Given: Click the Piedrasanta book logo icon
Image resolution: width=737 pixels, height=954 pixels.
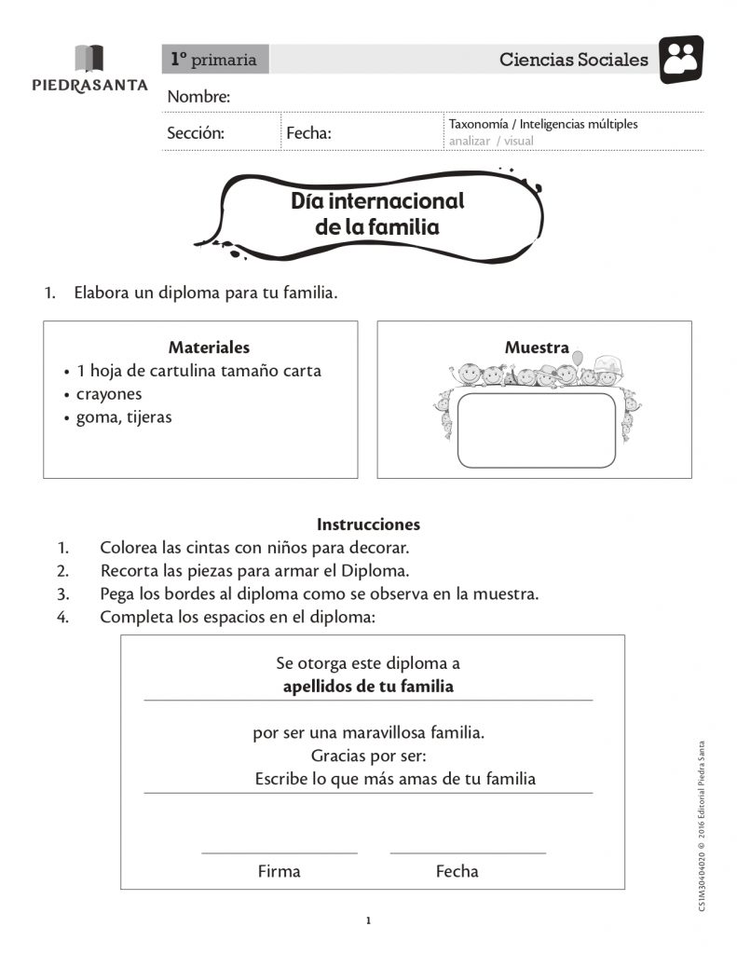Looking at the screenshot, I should [x=89, y=58].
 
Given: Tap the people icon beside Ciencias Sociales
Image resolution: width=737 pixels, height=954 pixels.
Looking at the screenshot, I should [x=681, y=59].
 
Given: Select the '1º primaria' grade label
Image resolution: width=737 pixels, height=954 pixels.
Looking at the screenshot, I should [x=214, y=60].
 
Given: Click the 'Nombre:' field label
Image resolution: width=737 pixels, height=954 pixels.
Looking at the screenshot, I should [x=198, y=97].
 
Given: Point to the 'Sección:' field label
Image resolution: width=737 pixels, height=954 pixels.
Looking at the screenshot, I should [x=196, y=133].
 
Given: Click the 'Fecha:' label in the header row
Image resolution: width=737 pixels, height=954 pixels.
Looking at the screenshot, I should [x=308, y=133].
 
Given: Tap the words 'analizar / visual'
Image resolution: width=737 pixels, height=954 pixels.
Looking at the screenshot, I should [x=491, y=141].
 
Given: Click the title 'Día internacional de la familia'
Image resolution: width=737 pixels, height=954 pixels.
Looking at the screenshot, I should [x=377, y=213].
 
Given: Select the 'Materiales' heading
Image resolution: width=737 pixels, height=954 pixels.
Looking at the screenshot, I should [x=209, y=348].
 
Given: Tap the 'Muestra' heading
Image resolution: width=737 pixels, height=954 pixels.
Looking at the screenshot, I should [x=537, y=348].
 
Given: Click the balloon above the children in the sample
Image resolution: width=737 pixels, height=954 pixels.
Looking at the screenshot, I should [x=578, y=358].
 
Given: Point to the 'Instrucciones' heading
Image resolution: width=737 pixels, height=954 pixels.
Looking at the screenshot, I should [x=368, y=525].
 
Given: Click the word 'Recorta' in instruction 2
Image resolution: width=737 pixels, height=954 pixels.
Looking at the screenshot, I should [x=129, y=570].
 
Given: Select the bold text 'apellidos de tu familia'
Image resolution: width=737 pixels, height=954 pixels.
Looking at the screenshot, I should [x=368, y=688].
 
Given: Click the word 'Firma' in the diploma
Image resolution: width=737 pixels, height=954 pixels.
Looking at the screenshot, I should [x=279, y=872].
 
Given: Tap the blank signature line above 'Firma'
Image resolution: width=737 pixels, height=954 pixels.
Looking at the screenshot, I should [x=280, y=852].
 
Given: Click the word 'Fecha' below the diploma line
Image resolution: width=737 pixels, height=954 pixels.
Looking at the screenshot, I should [x=457, y=872].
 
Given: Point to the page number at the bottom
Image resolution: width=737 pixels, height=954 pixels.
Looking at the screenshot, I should [x=368, y=921].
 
